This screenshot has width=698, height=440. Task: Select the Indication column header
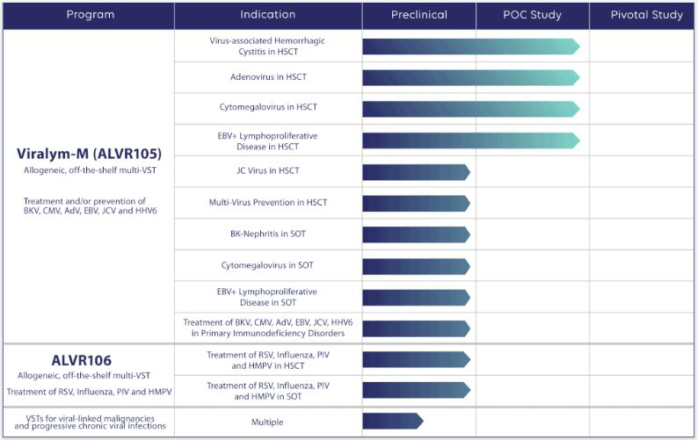pos(268,15)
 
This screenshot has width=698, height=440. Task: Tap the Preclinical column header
pos(418,15)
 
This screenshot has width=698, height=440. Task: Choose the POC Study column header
pos(533,15)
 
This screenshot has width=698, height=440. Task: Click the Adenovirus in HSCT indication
pos(268,77)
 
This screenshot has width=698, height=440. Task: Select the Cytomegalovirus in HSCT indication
pos(268,108)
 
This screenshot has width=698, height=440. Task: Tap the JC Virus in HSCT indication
pos(268,171)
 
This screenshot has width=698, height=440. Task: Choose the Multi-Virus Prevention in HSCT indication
pos(268,203)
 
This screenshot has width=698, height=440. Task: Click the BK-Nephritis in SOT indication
pos(268,234)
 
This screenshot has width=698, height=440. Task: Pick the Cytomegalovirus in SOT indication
pos(268,265)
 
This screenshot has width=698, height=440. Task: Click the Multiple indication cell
pos(268,422)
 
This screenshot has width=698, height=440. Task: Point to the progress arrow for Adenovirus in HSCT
pos(470,77)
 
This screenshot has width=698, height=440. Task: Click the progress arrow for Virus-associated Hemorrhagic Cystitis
pos(470,47)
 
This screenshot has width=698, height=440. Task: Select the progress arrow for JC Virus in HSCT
pos(416,172)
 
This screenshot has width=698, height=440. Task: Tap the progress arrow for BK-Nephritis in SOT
pos(416,234)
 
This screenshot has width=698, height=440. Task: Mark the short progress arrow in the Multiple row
pos(392,422)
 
